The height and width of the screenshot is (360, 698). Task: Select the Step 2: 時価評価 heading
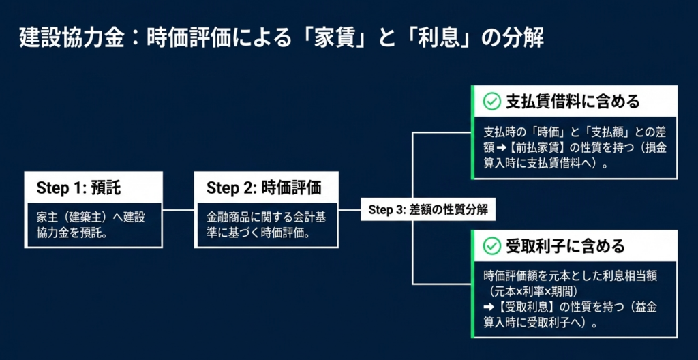[263, 187]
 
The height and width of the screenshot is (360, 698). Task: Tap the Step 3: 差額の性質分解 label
[428, 210]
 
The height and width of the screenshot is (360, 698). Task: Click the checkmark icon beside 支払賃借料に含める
[491, 102]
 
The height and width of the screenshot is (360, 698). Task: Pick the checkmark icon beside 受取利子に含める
[491, 245]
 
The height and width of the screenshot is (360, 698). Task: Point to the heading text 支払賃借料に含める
[572, 102]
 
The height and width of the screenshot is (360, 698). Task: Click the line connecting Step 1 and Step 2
[179, 209]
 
